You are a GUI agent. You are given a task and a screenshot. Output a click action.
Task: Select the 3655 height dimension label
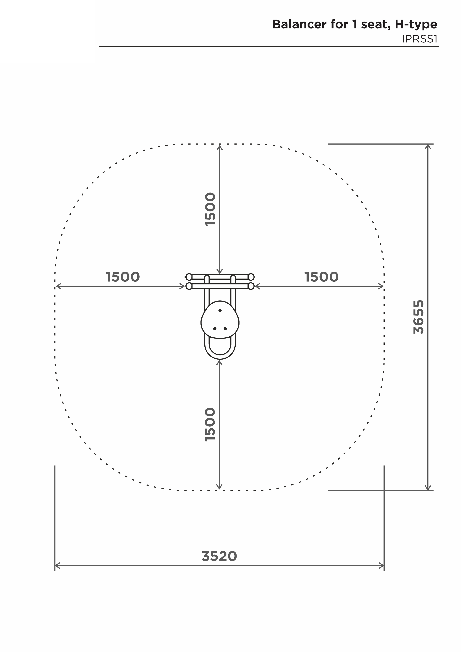coord(419,317)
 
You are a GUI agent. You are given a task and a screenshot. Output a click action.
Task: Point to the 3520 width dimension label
coord(219,556)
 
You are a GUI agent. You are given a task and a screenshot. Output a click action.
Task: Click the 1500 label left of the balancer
coord(122,277)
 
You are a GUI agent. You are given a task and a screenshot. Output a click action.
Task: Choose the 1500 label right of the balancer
coord(321,277)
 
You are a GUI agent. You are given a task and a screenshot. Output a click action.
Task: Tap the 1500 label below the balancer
coord(210,425)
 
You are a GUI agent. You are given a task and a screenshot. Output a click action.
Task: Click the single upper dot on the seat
coord(220,310)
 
